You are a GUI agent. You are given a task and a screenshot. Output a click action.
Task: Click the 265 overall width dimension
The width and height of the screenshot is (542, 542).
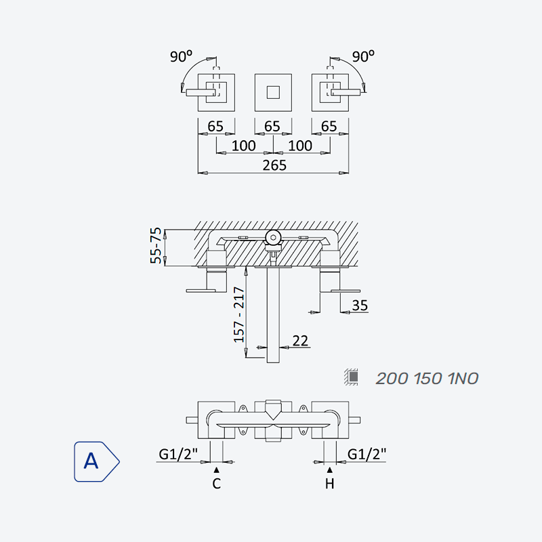(x=274, y=165)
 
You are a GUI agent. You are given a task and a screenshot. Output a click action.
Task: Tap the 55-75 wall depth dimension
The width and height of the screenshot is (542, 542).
(x=157, y=245)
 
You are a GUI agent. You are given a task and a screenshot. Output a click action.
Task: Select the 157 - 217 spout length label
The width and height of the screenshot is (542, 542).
(x=239, y=314)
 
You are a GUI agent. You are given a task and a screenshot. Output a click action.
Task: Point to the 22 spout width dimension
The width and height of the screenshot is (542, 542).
(x=300, y=341)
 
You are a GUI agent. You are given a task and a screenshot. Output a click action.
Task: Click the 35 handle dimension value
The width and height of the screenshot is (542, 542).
(x=360, y=306)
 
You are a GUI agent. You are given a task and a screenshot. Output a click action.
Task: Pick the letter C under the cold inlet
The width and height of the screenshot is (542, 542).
(x=216, y=483)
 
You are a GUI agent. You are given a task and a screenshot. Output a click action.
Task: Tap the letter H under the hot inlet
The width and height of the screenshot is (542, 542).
(x=330, y=483)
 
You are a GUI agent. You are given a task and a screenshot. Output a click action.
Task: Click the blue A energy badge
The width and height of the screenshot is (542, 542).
(x=97, y=461)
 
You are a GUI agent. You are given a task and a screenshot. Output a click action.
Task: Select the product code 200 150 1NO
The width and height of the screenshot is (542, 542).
(x=427, y=379)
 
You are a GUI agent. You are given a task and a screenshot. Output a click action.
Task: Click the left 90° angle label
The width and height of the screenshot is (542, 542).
(x=181, y=56)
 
